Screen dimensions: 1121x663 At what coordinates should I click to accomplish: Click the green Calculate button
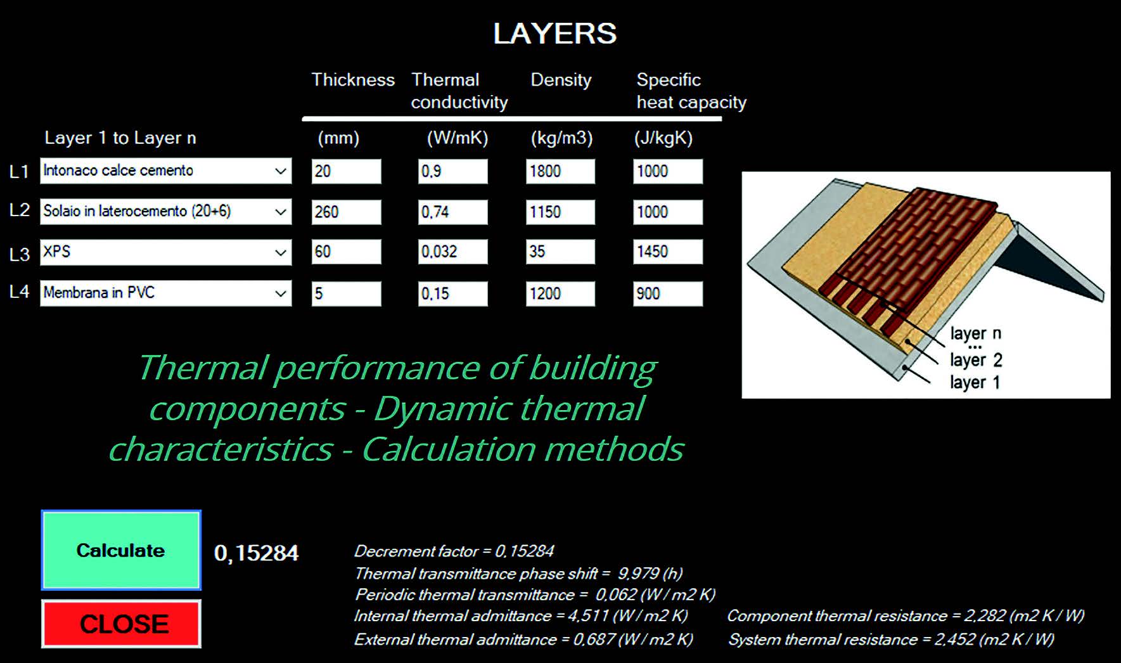coord(121,550)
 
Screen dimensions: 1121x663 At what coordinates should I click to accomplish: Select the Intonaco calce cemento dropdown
coord(165,171)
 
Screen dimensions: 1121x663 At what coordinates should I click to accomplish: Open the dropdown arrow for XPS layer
coord(280,252)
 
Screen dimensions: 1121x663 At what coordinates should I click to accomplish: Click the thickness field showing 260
coord(346,212)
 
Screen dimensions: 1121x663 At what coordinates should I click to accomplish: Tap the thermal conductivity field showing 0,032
coord(452,252)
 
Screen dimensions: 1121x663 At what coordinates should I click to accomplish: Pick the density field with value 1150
coord(560,212)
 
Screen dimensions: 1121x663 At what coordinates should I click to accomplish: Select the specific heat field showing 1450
coord(667,252)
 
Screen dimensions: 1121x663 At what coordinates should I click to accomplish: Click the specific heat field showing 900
coord(667,293)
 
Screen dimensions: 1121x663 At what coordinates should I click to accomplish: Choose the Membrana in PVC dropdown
coord(165,293)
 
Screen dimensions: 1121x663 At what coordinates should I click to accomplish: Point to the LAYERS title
coord(554,34)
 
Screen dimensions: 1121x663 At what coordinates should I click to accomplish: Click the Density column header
coord(561,80)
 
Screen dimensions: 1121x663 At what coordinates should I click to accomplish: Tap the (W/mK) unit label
coord(458,138)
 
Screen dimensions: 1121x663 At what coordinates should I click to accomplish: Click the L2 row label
coord(20,210)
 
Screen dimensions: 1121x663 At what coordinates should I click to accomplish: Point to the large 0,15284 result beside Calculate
coord(256,553)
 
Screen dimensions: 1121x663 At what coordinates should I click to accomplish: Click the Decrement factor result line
coord(454,551)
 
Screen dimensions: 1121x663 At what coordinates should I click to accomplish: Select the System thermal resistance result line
coord(891,639)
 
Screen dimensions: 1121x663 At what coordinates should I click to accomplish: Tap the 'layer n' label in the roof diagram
coord(975,333)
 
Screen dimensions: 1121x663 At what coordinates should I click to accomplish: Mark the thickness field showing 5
coord(346,293)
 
